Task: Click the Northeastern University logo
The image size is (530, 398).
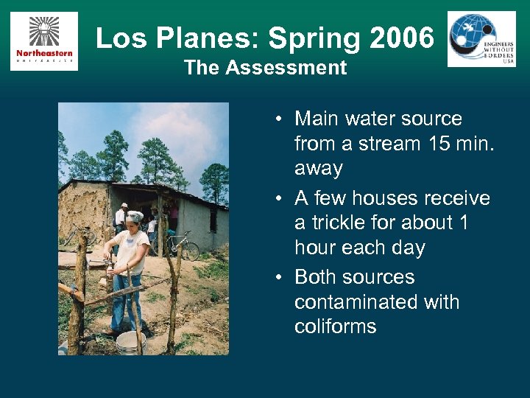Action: click(43, 41)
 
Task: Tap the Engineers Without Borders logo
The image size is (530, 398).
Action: click(481, 39)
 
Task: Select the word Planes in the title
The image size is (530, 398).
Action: click(203, 38)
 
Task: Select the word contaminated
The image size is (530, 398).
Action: click(377, 302)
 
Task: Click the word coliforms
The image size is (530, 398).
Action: click(335, 327)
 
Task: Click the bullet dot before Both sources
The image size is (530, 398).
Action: click(281, 278)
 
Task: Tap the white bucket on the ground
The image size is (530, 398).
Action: click(130, 341)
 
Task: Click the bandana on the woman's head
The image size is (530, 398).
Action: click(135, 216)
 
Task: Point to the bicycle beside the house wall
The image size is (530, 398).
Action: click(182, 245)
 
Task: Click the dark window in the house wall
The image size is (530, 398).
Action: click(213, 219)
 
